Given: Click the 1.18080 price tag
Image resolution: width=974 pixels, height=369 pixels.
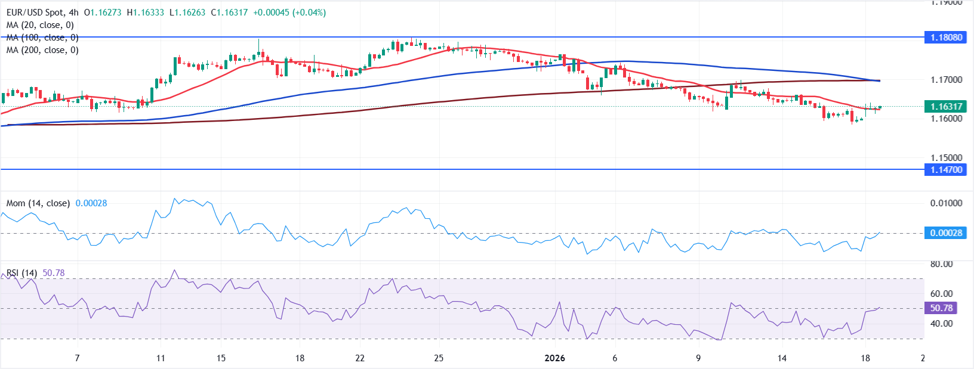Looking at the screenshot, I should pos(946,37).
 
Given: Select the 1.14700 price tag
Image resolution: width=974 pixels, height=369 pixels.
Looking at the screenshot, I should pos(946,170).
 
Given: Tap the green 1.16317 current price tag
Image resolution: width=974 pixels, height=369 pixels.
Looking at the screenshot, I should pos(946,107).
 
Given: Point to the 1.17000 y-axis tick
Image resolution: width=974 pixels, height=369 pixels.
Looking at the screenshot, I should pos(946,79).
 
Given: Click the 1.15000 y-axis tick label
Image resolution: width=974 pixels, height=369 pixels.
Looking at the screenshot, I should pos(946,158).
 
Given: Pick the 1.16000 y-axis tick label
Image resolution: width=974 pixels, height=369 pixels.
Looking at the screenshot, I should pos(946,118).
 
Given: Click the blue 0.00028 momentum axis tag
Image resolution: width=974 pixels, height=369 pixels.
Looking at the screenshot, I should pos(946,232).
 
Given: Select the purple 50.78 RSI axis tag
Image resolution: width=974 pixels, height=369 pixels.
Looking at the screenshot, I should pos(941,308).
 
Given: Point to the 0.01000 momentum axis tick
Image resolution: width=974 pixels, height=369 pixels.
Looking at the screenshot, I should pos(946,203).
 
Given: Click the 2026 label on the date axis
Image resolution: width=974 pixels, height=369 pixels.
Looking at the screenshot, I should pos(554,358).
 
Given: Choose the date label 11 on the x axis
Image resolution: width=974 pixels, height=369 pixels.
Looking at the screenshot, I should pos(160,358).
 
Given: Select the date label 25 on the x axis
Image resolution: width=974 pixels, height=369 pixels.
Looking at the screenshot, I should pos(439,358).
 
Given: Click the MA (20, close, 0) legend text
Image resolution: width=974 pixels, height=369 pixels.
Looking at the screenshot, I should pos(40,25).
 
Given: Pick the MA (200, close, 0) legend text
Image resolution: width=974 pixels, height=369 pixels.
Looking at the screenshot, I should pos(42,50).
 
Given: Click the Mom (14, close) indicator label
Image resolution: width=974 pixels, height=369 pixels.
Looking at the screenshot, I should pos(38,203).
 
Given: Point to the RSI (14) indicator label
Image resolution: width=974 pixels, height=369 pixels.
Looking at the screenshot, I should pos(21,273).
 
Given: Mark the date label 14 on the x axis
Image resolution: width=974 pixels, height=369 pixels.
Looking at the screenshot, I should pos(782,358).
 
